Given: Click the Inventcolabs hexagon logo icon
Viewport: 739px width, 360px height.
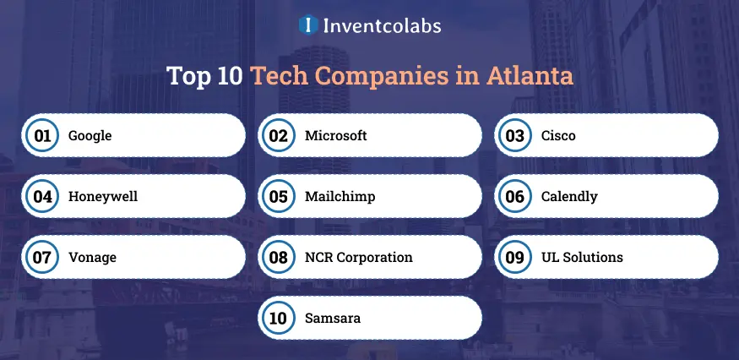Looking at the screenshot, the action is [x=308, y=25].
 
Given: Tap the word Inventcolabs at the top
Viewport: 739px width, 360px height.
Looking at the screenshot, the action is [x=383, y=25].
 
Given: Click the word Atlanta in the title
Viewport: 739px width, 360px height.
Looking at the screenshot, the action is [x=530, y=76].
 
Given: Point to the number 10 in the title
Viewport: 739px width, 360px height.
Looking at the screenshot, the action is [x=230, y=76].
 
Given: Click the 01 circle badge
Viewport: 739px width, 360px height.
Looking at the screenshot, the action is [x=42, y=135].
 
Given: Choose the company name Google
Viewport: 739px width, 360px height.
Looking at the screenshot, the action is [x=90, y=136].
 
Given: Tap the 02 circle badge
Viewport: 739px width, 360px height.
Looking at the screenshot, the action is [x=278, y=135].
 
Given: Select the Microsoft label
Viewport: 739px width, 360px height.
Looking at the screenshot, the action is [x=335, y=135].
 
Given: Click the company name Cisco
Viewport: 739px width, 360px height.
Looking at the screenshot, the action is [x=558, y=135].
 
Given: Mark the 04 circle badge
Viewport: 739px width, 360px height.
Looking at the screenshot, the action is [x=42, y=196].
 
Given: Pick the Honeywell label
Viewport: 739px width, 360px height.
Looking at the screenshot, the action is [x=103, y=196].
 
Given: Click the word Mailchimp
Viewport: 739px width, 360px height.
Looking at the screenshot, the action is [x=340, y=197].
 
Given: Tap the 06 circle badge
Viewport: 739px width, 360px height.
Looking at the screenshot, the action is [x=514, y=196].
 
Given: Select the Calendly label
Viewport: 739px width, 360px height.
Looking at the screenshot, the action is [x=569, y=197].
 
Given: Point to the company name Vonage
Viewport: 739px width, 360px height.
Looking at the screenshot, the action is [x=92, y=258].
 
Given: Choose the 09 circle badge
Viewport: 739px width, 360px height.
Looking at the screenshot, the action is [x=514, y=257].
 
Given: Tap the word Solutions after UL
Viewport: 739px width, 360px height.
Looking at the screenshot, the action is [x=593, y=257].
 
